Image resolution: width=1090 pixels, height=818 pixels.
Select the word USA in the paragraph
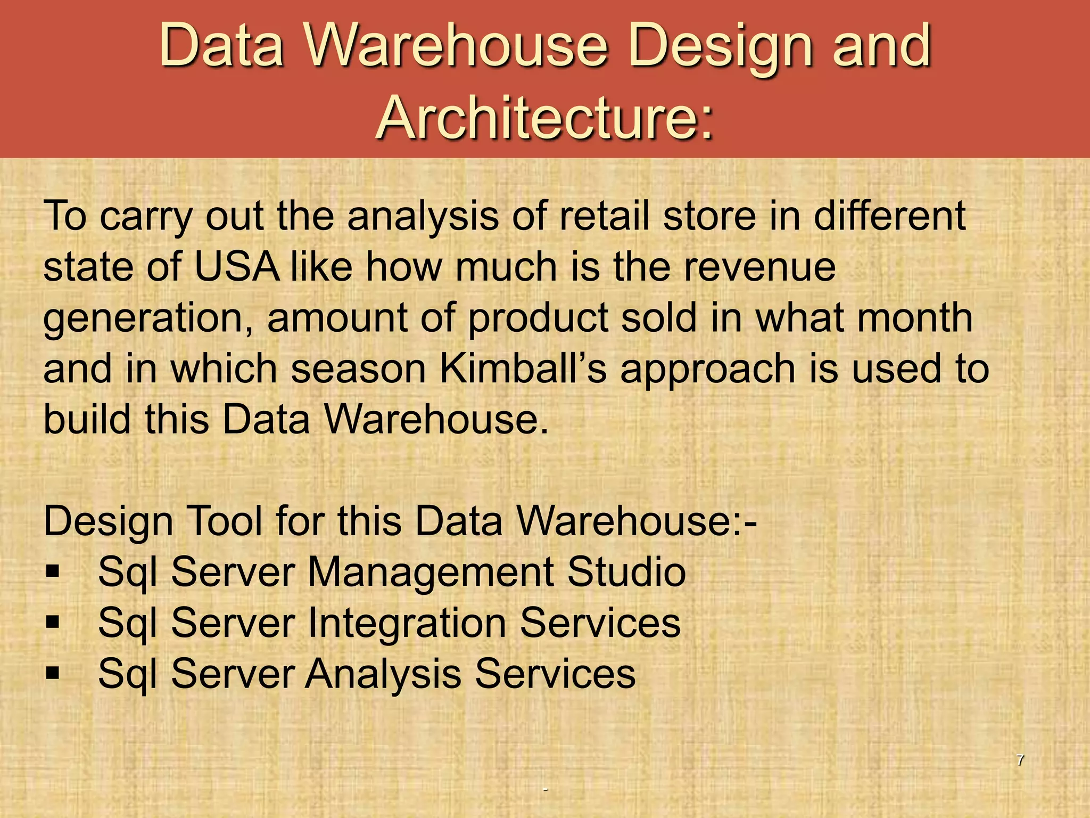click(236, 267)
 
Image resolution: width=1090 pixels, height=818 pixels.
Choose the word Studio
click(626, 572)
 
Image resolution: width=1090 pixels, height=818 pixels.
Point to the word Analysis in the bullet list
click(383, 674)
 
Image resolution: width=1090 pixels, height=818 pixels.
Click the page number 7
click(1020, 760)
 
